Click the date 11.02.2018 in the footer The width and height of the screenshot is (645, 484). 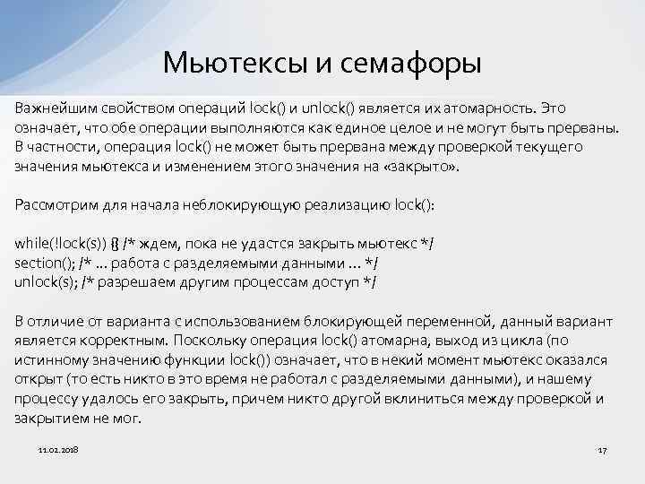coord(58,447)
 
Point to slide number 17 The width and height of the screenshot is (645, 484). coord(602,447)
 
